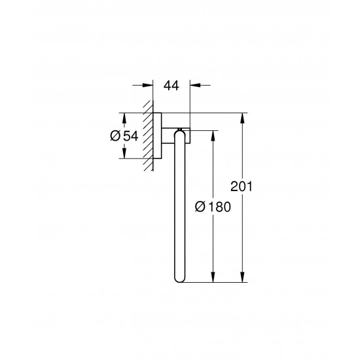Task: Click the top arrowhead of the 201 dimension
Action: [243, 117]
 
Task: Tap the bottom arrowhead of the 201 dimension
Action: [243, 278]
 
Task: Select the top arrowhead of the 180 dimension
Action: [213, 134]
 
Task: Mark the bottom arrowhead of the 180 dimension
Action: [213, 278]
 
